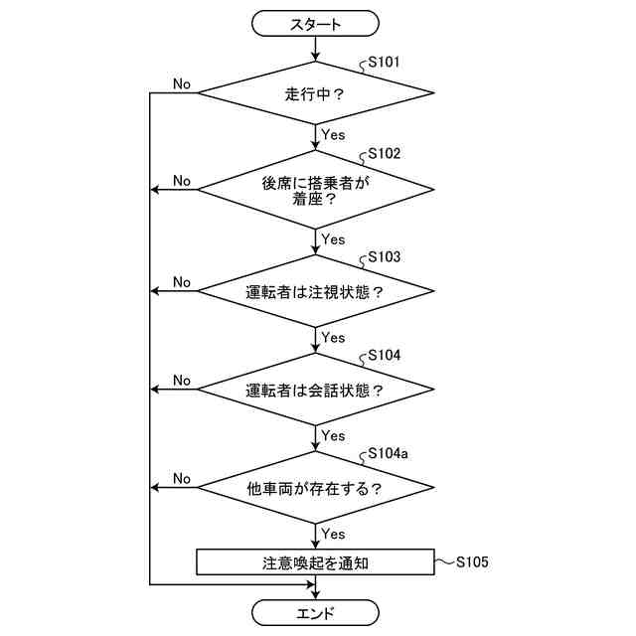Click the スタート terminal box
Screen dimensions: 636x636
click(x=316, y=23)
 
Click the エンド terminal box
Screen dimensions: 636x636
click(x=316, y=612)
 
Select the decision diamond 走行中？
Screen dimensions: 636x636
click(x=316, y=94)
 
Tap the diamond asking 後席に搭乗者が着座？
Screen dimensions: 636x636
click(x=316, y=190)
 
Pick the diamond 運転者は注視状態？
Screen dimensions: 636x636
click(x=316, y=292)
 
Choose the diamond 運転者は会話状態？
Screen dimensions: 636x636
click(x=316, y=390)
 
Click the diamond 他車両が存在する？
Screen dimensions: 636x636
click(x=316, y=489)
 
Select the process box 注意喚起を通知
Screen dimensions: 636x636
click(x=316, y=562)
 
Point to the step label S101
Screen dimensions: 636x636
click(x=384, y=62)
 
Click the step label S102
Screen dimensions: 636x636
click(x=384, y=154)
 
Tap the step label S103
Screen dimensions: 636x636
click(x=384, y=256)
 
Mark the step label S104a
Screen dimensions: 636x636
click(x=388, y=453)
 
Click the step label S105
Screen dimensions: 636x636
click(x=472, y=562)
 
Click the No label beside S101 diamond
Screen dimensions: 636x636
click(x=181, y=83)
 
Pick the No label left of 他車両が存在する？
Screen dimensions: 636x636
click(x=181, y=478)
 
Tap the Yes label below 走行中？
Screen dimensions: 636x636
click(x=333, y=134)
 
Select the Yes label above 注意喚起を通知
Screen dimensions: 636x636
click(x=333, y=534)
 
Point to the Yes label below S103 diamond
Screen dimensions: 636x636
click(x=333, y=338)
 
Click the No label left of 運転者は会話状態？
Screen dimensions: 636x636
click(x=181, y=380)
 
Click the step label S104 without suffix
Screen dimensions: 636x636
click(x=384, y=354)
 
